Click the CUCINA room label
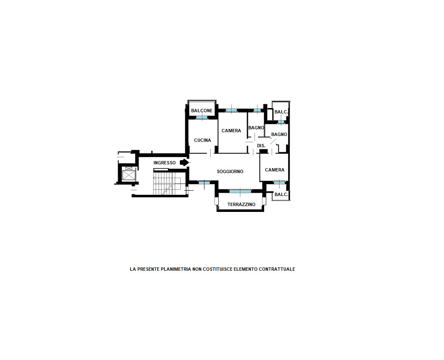click(202, 141)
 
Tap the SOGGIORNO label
click(230, 171)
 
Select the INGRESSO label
click(164, 163)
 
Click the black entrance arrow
click(184, 162)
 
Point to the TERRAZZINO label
click(241, 204)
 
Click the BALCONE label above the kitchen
click(202, 111)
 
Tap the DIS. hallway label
click(261, 146)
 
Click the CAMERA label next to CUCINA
click(231, 131)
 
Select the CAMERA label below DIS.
click(275, 170)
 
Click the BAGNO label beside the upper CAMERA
click(256, 128)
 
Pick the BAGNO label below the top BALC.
click(279, 134)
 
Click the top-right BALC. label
click(281, 112)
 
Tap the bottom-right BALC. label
click(281, 194)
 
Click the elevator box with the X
click(129, 176)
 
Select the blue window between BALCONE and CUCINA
click(202, 118)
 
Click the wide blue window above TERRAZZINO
click(240, 191)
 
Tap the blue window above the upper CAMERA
click(231, 111)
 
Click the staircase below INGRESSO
click(163, 184)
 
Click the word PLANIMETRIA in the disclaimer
click(176, 269)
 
